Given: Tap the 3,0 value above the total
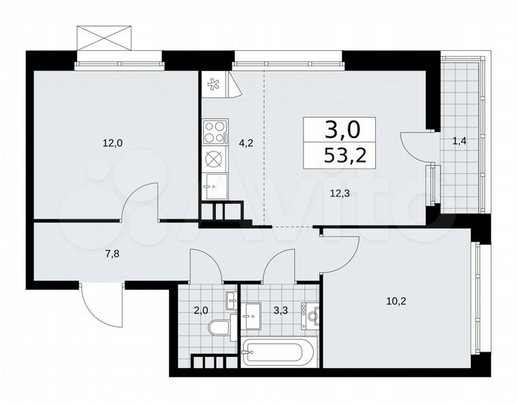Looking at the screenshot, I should [342, 130].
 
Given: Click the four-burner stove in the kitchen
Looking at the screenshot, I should [214, 132].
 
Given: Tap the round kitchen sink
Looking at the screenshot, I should [214, 159].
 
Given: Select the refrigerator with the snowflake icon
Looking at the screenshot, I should [215, 84].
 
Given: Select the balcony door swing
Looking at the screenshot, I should [415, 143].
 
